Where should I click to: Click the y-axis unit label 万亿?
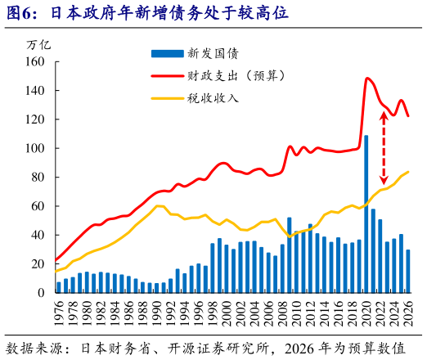point(39,43)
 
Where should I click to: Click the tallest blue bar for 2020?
point(366,214)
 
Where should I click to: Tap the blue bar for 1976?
point(59,286)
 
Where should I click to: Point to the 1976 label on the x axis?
point(59,313)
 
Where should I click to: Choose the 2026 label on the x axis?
point(408,313)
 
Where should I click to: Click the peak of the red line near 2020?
point(367,79)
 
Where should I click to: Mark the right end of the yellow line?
point(408,172)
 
